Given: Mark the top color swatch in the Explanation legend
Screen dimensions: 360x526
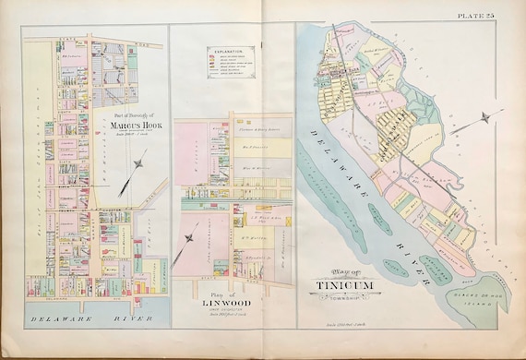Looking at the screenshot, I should pos(208,50).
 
